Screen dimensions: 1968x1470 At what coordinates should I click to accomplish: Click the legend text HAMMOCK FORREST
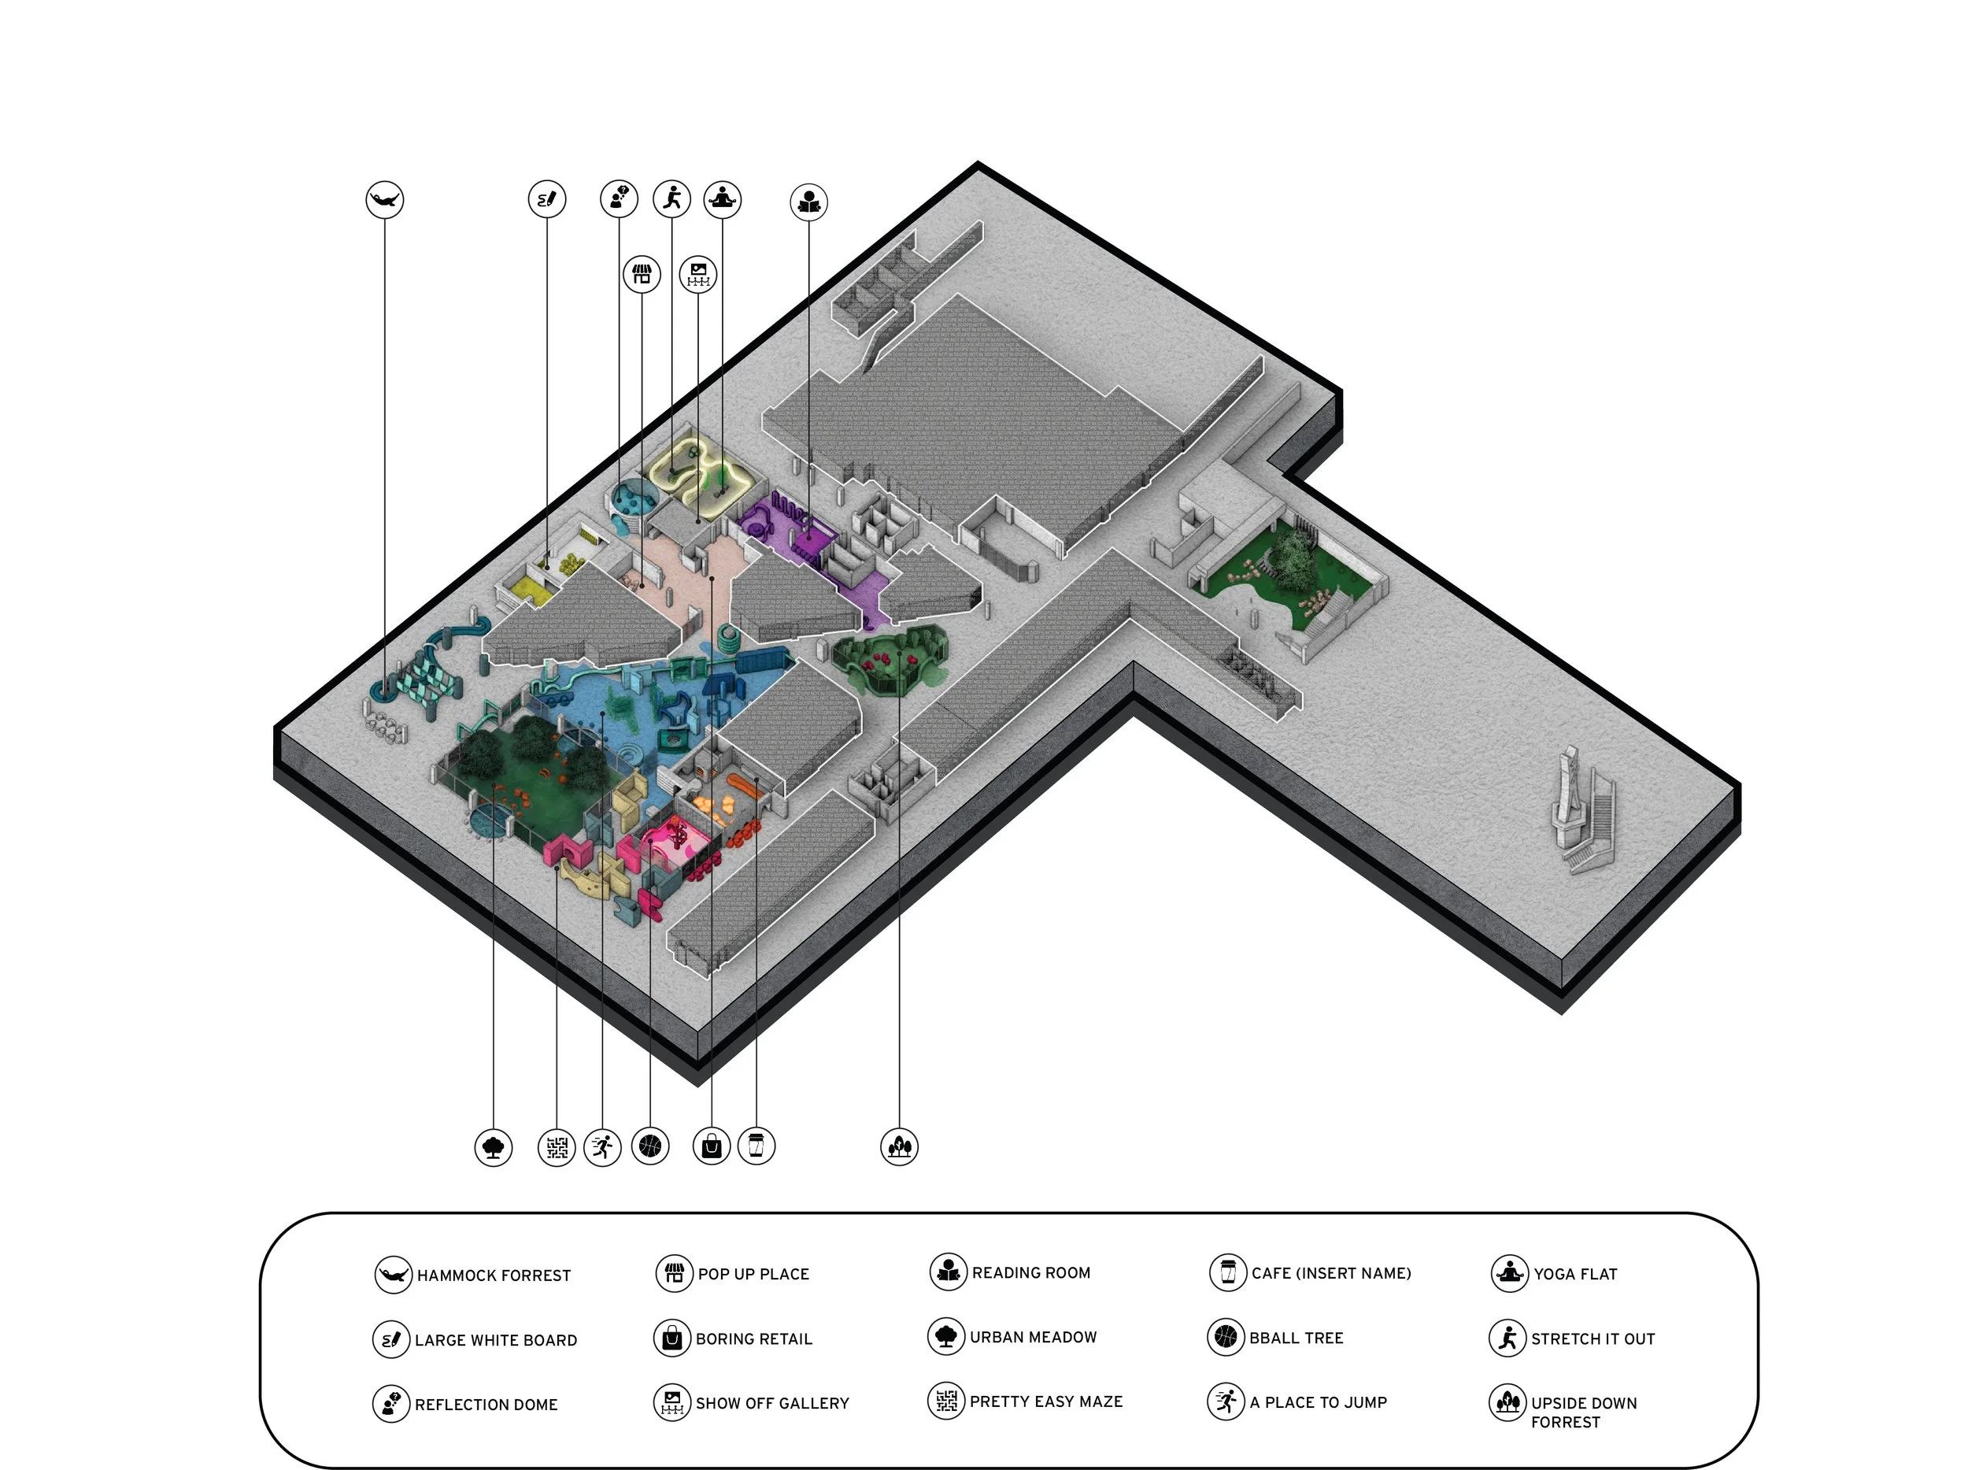(494, 1275)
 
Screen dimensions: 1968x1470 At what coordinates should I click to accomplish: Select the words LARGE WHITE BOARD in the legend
(496, 1340)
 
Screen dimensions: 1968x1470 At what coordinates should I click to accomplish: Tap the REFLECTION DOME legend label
(486, 1404)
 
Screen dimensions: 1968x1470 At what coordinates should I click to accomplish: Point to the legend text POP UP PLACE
(753, 1273)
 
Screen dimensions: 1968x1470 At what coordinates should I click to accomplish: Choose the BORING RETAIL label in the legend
(753, 1339)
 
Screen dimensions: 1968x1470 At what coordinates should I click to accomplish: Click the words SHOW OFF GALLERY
(771, 1403)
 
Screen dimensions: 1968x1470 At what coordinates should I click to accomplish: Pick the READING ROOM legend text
(1031, 1272)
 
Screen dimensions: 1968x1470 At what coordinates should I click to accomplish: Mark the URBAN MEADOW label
(1033, 1336)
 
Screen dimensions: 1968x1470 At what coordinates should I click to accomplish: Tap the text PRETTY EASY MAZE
(1045, 1401)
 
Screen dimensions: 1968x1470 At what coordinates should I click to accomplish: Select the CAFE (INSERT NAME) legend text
(1331, 1273)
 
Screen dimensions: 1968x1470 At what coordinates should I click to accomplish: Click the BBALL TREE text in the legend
(1297, 1338)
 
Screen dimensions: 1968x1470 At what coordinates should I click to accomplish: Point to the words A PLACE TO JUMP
(1318, 1402)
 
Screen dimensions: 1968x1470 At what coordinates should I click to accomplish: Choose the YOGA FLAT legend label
(1574, 1273)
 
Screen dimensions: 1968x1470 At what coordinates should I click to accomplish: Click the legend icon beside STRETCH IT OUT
(1507, 1338)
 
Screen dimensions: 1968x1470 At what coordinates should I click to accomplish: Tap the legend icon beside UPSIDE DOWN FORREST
(1507, 1402)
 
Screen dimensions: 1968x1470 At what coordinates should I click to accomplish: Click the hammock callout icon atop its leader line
(384, 199)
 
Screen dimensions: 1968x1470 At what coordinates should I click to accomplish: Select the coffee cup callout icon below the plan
(756, 1146)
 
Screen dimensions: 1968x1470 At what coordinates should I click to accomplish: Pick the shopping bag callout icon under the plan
(712, 1146)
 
